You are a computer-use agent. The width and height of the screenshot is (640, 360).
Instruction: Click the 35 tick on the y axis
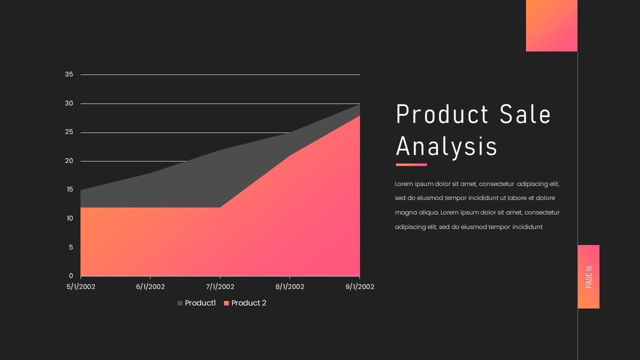tap(69, 74)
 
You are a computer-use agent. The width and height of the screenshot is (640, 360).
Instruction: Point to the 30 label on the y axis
tap(69, 103)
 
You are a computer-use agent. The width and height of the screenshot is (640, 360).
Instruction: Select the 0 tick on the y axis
tap(71, 276)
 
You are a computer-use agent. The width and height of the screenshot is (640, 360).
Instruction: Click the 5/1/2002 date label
tap(81, 287)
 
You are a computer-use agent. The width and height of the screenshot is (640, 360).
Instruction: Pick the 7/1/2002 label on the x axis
tap(220, 287)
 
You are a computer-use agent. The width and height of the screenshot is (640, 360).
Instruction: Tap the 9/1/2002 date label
tap(359, 287)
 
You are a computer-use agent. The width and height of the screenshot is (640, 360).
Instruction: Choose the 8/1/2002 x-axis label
tap(290, 287)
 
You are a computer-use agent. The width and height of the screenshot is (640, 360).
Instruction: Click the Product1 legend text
tap(200, 303)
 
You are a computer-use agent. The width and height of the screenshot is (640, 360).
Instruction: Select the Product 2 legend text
tap(248, 303)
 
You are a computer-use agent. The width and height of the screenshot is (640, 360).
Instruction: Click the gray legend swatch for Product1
tap(180, 303)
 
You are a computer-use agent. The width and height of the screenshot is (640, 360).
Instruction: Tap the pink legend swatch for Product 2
tap(226, 303)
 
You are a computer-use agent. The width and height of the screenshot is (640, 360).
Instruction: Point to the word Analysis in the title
tap(446, 147)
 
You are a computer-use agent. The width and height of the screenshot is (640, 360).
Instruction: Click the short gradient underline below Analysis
tap(411, 164)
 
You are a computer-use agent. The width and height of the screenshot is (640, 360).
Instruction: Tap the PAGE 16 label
tap(588, 276)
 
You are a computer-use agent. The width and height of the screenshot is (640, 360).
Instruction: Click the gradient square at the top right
tap(551, 25)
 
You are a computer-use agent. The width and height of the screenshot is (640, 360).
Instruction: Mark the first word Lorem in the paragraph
tap(404, 184)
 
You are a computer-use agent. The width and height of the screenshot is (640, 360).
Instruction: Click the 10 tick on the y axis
tap(69, 218)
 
